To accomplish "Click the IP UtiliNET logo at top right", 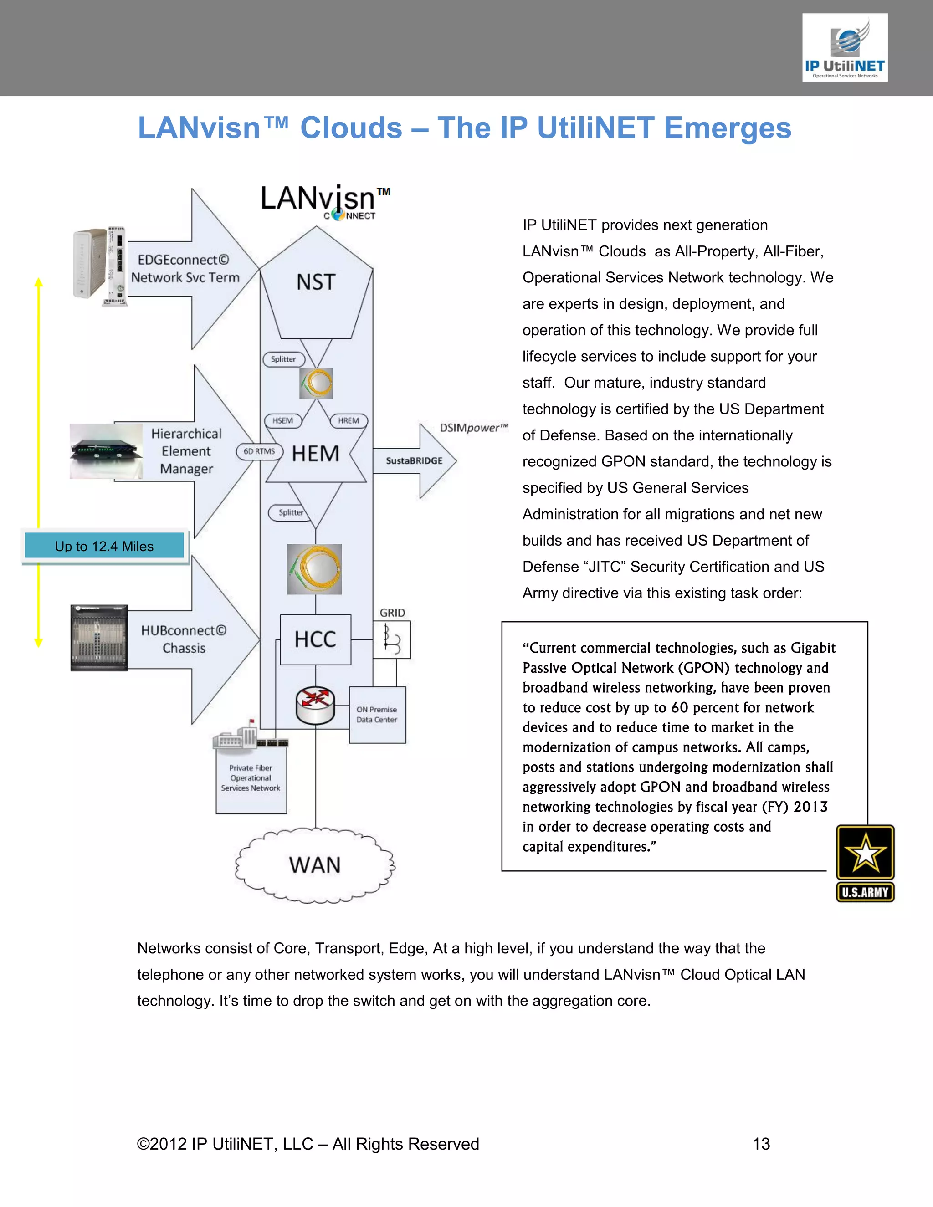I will point(845,48).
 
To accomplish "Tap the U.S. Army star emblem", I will point(865,862).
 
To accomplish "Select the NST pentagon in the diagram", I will point(316,285).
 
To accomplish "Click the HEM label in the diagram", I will point(316,454).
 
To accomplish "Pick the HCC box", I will point(316,639).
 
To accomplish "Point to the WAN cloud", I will point(315,865).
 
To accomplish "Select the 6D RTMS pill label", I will point(259,451).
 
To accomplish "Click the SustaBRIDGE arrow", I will point(415,461).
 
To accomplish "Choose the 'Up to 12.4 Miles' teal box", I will point(104,546).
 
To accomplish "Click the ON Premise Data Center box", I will point(377,715).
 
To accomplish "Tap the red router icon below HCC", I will point(315,705).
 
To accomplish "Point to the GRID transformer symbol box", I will point(392,639).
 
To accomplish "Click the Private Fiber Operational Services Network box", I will point(251,778).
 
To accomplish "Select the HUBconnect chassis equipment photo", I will point(99,638).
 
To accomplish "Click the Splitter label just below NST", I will point(283,359).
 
